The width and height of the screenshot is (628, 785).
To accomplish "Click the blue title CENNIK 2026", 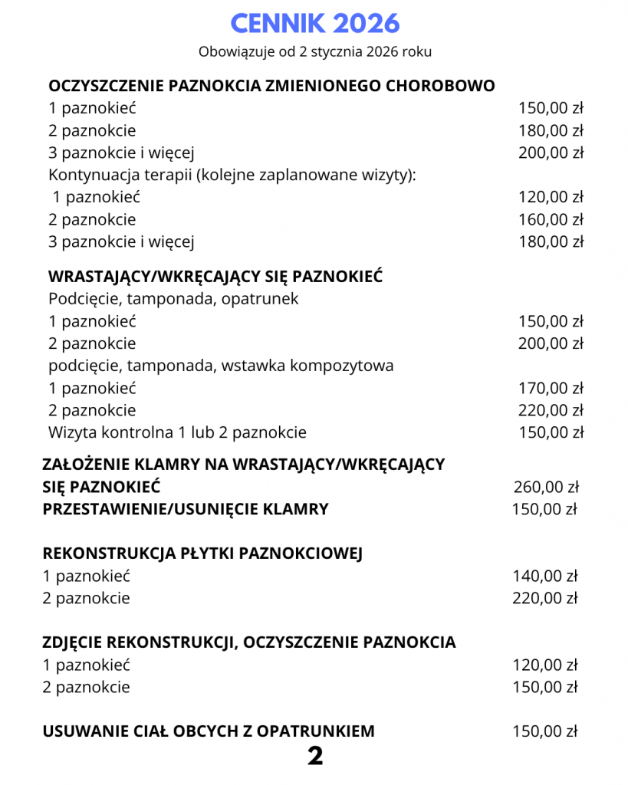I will click(x=314, y=24).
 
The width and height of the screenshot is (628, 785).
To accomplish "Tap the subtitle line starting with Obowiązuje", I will click(x=314, y=52).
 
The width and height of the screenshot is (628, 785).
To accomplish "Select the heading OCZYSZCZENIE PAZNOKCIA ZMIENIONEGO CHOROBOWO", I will click(x=271, y=85).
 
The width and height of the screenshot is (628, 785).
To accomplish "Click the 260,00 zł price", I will click(x=545, y=486).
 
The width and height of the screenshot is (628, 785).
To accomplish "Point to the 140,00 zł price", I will click(x=545, y=576).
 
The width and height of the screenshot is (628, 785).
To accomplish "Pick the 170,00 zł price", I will click(x=551, y=388).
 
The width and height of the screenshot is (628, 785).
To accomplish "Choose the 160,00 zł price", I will click(x=551, y=220).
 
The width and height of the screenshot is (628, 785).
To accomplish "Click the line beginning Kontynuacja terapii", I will click(x=232, y=175).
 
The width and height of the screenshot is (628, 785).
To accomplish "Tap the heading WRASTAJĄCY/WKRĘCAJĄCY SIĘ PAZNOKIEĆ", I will click(x=215, y=276).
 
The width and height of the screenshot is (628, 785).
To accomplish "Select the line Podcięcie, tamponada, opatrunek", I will click(x=173, y=298).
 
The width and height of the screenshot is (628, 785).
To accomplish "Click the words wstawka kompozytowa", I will click(x=307, y=366).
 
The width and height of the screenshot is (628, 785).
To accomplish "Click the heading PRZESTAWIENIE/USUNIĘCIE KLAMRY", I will click(x=186, y=508).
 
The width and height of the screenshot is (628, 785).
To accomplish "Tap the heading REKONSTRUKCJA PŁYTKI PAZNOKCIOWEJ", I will click(x=202, y=553).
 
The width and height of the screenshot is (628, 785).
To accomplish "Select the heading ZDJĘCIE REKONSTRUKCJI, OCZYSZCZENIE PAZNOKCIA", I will click(x=249, y=642).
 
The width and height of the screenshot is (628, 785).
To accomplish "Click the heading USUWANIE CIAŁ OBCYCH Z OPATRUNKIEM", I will click(x=209, y=731).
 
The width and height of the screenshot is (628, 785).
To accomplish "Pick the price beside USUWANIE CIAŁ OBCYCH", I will click(x=545, y=731).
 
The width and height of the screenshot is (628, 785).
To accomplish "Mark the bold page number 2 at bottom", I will click(x=314, y=757).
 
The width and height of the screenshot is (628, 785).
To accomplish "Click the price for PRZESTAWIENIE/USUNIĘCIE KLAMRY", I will click(x=545, y=508).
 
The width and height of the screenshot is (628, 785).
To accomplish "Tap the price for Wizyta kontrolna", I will click(x=551, y=432).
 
